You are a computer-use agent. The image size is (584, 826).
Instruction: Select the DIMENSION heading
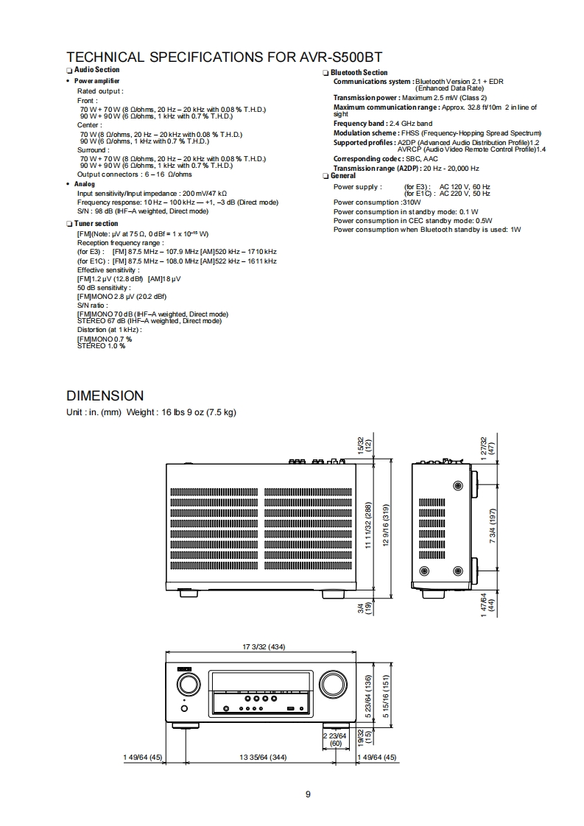[x=105, y=396]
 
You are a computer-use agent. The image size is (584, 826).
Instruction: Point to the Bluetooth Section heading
[x=359, y=73]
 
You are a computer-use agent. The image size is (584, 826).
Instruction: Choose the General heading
[x=343, y=176]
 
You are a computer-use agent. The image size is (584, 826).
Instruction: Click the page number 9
[x=308, y=794]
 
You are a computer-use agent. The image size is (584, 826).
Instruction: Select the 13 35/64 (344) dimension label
[x=264, y=757]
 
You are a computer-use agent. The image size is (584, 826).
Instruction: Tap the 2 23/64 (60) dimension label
[x=336, y=739]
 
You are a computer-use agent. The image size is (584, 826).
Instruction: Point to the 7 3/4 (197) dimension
[x=493, y=524]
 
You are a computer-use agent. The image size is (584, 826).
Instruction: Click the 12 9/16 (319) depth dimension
[x=386, y=525]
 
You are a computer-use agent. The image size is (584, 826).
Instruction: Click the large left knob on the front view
[x=187, y=684]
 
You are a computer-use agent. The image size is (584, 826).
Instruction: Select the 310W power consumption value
[x=411, y=202]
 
